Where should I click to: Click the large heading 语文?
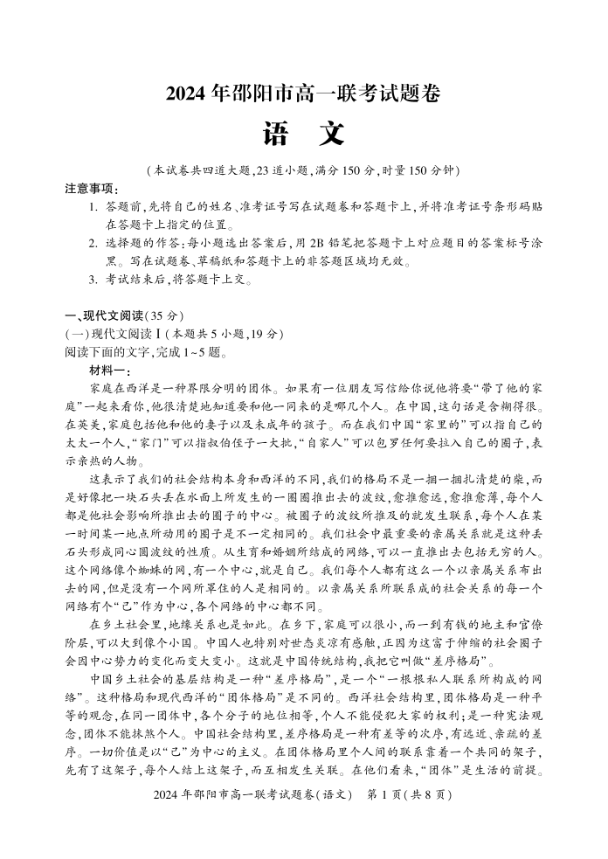[x=303, y=134]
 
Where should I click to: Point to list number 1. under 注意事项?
[x=93, y=207]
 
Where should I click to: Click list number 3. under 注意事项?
[x=93, y=280]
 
